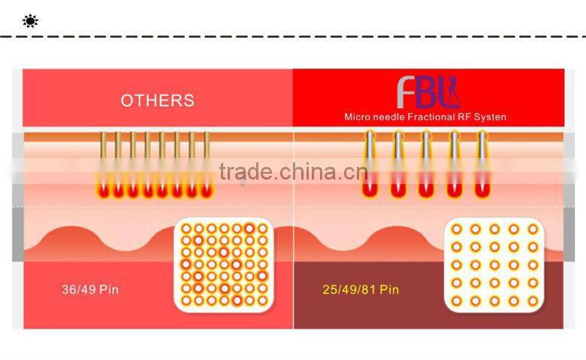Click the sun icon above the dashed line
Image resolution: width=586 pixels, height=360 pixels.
(30, 21)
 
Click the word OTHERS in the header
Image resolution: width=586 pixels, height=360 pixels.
(157, 101)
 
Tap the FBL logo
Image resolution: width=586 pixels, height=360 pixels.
(428, 92)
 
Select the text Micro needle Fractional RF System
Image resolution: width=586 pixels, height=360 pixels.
(425, 117)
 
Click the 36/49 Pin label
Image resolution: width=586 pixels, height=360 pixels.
(90, 289)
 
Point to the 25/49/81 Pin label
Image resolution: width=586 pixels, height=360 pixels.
(361, 289)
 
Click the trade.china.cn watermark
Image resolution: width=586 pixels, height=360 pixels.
(293, 171)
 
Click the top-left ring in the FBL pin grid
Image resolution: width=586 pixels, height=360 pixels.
(457, 229)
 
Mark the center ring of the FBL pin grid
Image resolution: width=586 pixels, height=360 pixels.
(495, 265)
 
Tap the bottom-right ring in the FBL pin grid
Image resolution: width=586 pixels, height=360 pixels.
(533, 301)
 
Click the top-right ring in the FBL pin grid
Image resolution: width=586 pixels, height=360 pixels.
(533, 229)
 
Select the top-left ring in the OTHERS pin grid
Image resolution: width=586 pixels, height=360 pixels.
(186, 228)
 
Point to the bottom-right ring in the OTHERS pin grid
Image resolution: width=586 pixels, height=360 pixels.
(263, 300)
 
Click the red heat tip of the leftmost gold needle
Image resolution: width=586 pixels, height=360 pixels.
(103, 191)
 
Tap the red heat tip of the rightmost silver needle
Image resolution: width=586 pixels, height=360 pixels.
(482, 189)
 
